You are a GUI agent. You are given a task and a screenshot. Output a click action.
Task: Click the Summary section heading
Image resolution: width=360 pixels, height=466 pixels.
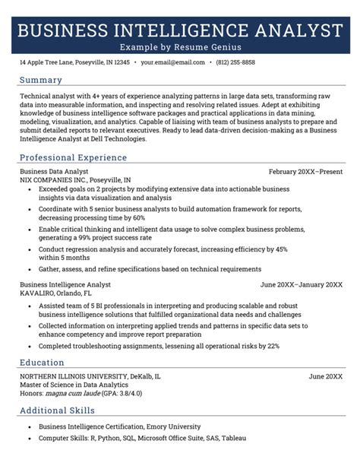[x=41, y=80]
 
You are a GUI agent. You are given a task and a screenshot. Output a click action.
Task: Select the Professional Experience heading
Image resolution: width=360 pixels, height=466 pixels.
[x=73, y=158]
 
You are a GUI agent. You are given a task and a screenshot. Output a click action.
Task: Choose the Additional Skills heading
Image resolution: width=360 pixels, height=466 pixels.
[x=57, y=411]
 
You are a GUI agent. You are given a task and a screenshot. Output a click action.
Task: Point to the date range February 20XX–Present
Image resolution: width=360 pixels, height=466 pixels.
[x=305, y=172]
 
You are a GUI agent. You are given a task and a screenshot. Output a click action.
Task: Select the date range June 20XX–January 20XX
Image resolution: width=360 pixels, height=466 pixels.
[x=301, y=284]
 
